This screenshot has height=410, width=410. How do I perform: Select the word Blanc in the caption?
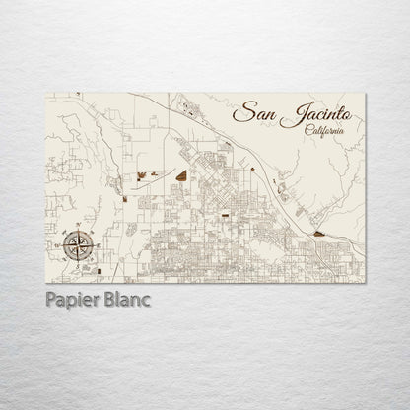tap(127, 298)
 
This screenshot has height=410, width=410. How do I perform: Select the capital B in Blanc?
tap(110, 298)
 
